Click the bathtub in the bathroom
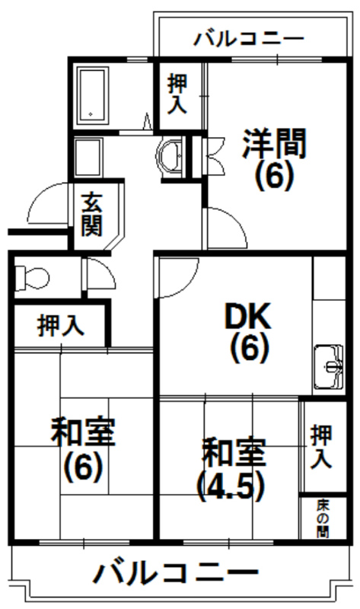coord(91,96)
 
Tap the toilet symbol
coord(32,277)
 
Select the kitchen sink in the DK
coord(329,366)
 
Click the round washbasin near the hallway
coord(171,155)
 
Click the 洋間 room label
coord(275,144)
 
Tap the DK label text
coord(247,317)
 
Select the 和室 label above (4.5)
coord(234,453)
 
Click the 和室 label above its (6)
coord(83,432)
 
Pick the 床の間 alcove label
coord(323,518)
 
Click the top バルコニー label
coord(249,39)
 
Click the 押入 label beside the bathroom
coord(177,94)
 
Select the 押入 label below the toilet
coord(61,326)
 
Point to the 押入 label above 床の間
coord(321,447)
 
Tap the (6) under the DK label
coord(250,348)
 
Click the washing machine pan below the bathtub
coord(88,157)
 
